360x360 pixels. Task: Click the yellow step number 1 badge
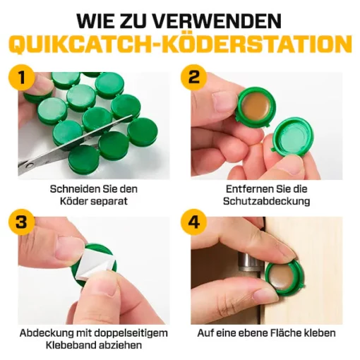click(22, 78)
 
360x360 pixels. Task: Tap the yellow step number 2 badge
click(193, 78)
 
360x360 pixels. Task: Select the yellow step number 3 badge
click(22, 222)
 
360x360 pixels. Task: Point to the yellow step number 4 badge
click(193, 222)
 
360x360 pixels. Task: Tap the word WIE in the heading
click(95, 20)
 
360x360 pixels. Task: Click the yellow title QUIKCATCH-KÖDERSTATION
click(180, 44)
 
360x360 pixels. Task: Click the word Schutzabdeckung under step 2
click(267, 201)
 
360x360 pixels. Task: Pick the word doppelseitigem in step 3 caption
click(131, 333)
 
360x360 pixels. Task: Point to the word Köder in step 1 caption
click(74, 201)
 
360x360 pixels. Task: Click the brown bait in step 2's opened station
click(256, 107)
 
